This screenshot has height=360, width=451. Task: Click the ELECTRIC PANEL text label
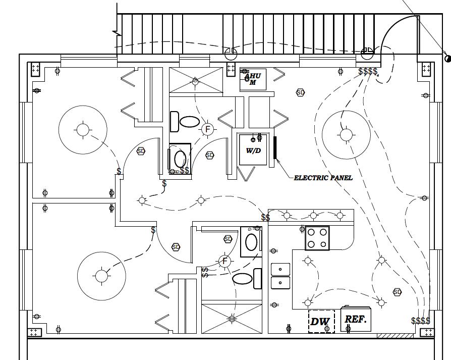[323, 178]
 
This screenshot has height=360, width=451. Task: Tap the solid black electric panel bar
[275, 147]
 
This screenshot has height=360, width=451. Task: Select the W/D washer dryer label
[253, 150]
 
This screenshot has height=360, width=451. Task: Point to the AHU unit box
[253, 79]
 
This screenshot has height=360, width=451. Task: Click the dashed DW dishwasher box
[321, 321]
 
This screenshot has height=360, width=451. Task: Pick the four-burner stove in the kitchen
[317, 238]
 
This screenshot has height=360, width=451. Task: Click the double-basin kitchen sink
[280, 276]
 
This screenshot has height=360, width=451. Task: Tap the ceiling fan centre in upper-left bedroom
[82, 130]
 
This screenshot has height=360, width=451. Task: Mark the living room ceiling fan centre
[346, 134]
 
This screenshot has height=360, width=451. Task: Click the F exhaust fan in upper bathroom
[206, 129]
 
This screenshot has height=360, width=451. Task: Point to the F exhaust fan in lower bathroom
[225, 261]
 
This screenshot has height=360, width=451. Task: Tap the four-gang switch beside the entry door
[368, 72]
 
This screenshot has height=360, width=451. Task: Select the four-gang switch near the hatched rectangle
[421, 321]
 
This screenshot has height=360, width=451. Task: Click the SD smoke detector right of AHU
[300, 92]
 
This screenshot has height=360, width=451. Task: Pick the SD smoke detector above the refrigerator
[397, 292]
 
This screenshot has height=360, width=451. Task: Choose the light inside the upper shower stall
[195, 81]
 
